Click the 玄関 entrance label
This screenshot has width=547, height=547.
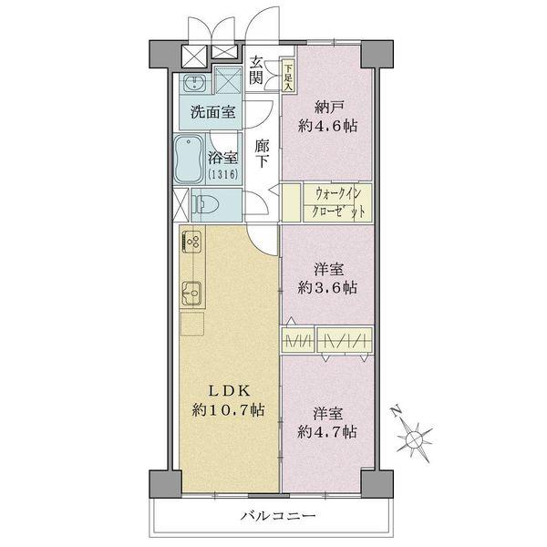click(257, 70)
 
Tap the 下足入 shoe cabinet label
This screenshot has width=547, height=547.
click(288, 68)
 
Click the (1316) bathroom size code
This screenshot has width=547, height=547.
click(221, 173)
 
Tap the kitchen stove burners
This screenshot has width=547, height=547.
click(193, 243)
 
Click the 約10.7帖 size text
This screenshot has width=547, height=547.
click(228, 410)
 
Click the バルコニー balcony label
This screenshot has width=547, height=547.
click(278, 516)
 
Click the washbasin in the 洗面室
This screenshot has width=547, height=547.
click(193, 85)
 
